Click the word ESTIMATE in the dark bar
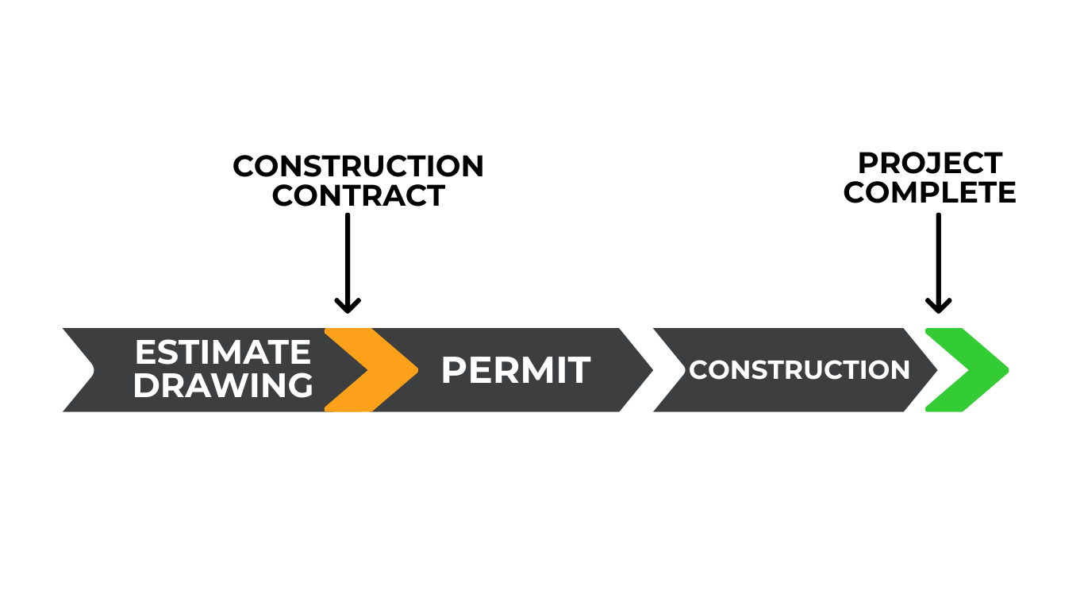click(x=222, y=353)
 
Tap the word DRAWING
click(x=222, y=386)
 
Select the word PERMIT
click(x=515, y=370)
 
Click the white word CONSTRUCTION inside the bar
click(x=799, y=370)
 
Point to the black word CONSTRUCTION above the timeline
click(x=358, y=167)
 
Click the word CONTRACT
click(x=358, y=195)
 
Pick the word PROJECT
click(x=930, y=164)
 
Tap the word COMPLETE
click(x=930, y=192)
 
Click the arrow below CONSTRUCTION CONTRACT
click(x=348, y=262)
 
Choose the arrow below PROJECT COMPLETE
click(x=938, y=262)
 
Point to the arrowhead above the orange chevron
click(x=348, y=306)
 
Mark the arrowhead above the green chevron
click(x=938, y=306)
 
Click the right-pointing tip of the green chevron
click(x=1005, y=369)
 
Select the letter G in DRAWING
click(x=299, y=386)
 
